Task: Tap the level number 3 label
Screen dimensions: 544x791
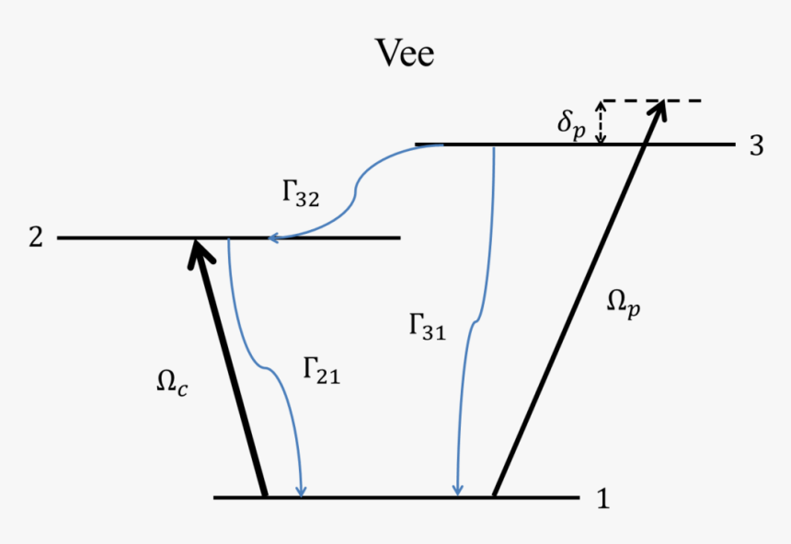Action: point(756,145)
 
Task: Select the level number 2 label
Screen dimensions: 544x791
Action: point(35,237)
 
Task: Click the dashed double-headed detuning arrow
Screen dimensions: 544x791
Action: point(601,122)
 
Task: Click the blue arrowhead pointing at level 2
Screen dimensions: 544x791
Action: point(272,239)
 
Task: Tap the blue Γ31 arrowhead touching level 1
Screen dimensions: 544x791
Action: point(458,490)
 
